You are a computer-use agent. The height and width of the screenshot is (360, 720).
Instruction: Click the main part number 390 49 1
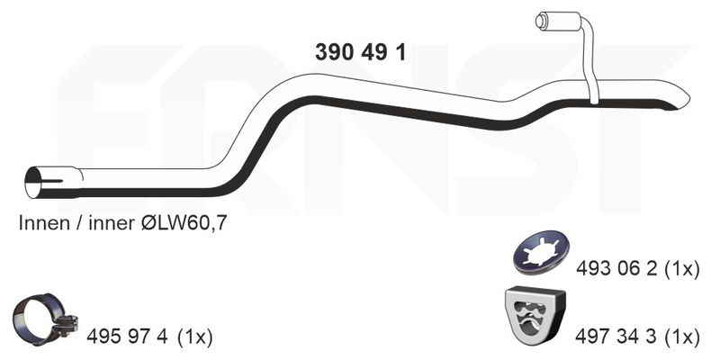[361, 53]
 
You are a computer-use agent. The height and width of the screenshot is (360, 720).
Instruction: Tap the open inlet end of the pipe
[33, 183]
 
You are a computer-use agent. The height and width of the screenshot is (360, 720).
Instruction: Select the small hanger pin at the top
[542, 20]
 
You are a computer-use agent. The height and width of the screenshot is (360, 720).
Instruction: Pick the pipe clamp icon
[45, 319]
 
